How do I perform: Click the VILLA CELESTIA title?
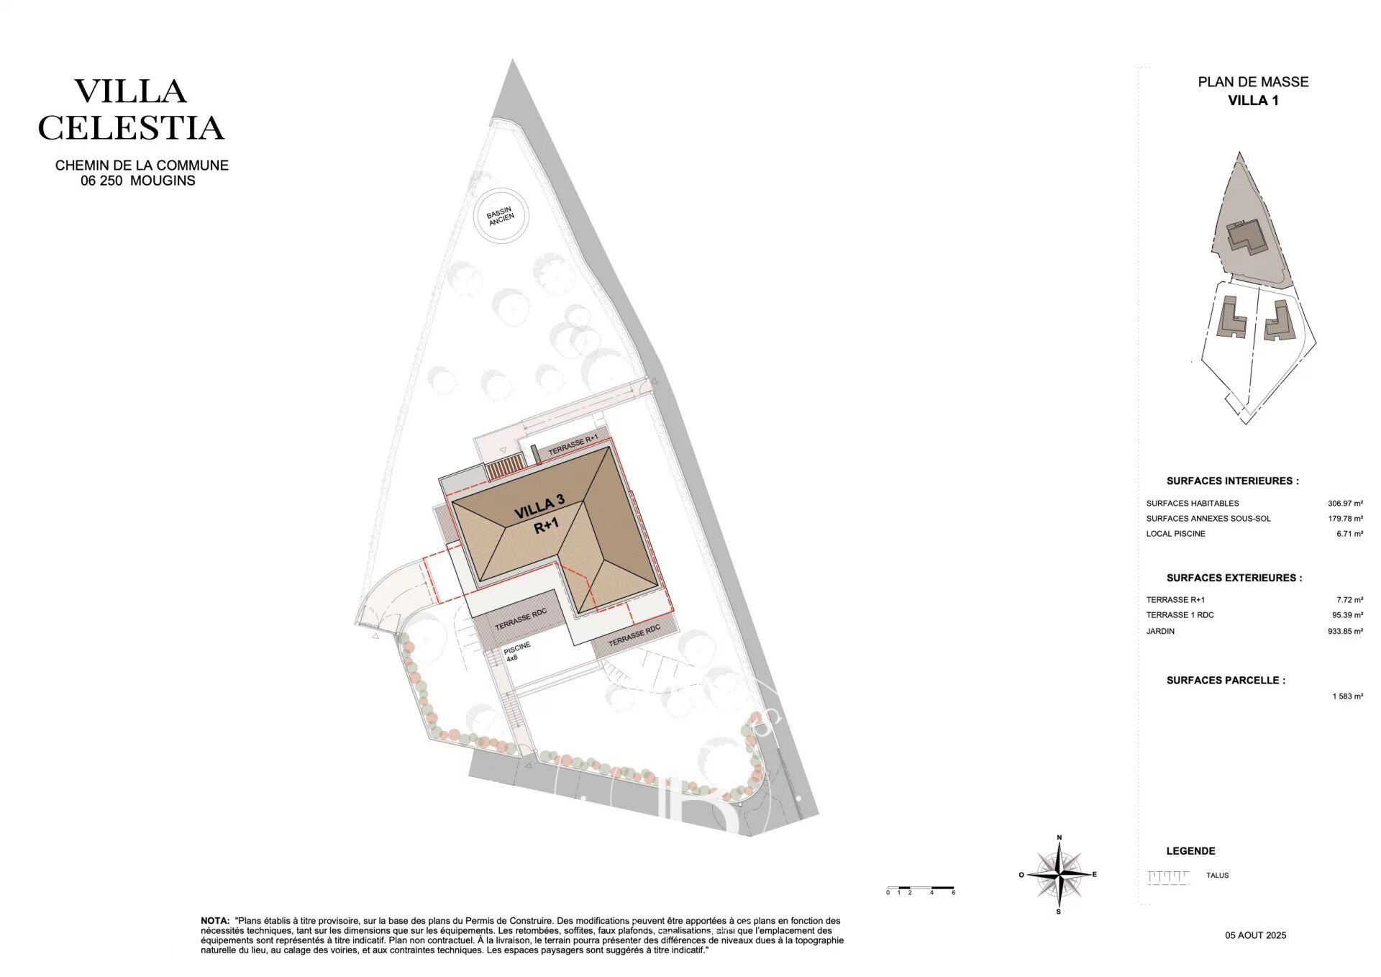click(131, 109)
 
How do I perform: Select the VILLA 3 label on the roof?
click(539, 506)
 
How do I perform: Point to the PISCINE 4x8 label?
click(516, 652)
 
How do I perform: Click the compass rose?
click(1059, 875)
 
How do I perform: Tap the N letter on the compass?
click(1059, 838)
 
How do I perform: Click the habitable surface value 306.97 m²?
click(1345, 504)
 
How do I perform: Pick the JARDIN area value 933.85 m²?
click(1345, 631)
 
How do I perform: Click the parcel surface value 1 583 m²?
click(1347, 696)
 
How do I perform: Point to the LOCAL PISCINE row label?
click(1175, 534)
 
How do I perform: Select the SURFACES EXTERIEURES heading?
click(1234, 578)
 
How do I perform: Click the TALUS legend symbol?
click(1169, 877)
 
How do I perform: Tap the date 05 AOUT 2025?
click(1256, 935)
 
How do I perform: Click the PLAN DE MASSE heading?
click(1253, 82)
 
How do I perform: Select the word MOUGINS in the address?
click(163, 181)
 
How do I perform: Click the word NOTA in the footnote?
click(214, 921)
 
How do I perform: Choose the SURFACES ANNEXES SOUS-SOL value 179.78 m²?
click(1345, 519)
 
